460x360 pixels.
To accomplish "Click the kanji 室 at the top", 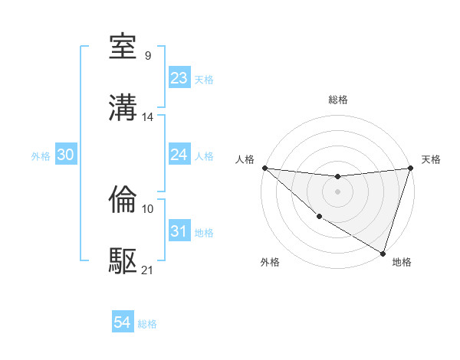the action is click(x=123, y=48).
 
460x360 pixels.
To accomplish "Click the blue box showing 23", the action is click(x=179, y=78).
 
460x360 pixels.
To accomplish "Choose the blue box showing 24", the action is click(x=179, y=155).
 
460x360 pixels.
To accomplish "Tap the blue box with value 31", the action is click(x=179, y=231).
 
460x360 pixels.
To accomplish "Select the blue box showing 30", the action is click(x=65, y=155).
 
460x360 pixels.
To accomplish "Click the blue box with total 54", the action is click(x=122, y=323).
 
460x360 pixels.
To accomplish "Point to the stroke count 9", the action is click(x=147, y=55).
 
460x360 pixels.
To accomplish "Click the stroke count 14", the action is click(x=148, y=117).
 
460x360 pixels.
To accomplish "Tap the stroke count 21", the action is click(x=148, y=270).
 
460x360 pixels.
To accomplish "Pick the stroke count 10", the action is click(x=148, y=208).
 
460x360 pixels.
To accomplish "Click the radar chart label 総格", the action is click(x=338, y=100).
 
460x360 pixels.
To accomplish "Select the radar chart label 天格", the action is click(x=431, y=159).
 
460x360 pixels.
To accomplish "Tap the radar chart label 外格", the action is click(x=270, y=262).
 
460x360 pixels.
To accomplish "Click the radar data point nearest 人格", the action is click(x=264, y=167).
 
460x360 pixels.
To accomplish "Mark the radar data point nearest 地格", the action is click(x=383, y=253).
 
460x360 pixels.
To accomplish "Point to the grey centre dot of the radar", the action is click(x=337, y=191).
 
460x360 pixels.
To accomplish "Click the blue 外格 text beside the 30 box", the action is click(x=41, y=155).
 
